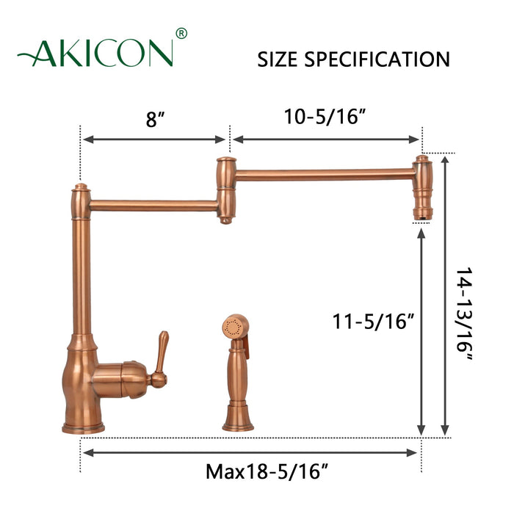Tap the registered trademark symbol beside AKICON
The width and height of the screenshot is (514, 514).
(182, 33)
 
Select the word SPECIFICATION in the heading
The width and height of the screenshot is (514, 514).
(380, 59)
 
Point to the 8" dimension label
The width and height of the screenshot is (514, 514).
(153, 119)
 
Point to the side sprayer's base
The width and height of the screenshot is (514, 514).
(238, 421)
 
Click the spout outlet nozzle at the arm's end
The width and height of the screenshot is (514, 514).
(422, 211)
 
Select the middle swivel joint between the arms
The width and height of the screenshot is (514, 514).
(225, 190)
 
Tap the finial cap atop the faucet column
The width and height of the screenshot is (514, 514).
(81, 189)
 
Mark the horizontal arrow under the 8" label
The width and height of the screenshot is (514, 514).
(154, 139)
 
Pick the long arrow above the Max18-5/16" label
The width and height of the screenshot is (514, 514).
(250, 452)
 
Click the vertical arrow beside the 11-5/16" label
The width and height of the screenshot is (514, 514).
(421, 331)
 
